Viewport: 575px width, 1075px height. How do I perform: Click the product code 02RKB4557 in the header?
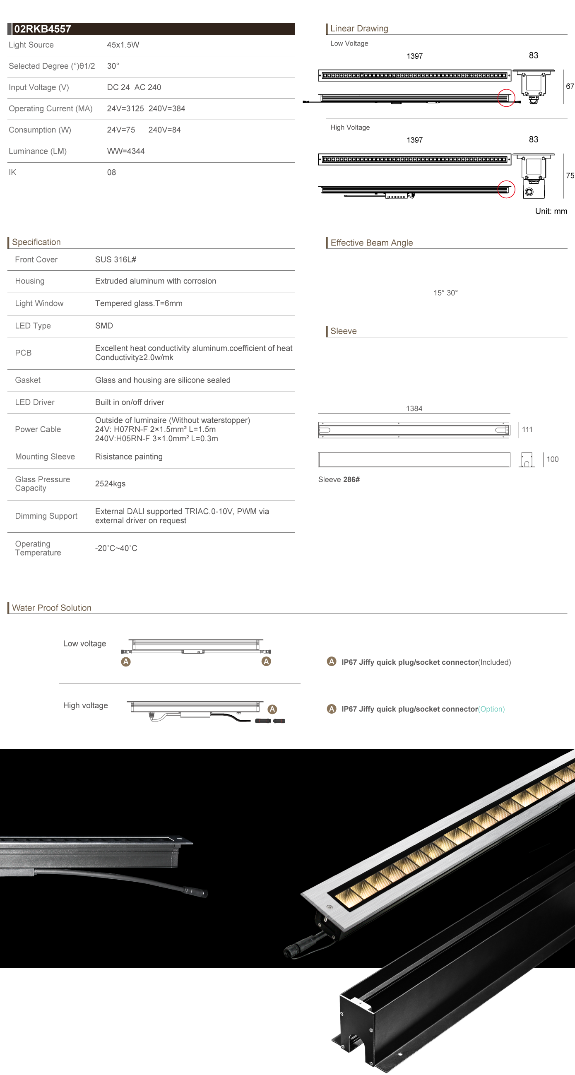coord(42,29)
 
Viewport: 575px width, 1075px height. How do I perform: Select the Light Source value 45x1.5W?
coord(123,45)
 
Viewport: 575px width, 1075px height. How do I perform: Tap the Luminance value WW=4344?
coord(125,151)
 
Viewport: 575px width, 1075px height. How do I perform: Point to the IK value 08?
coord(111,172)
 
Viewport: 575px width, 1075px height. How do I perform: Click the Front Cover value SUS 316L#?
coord(115,260)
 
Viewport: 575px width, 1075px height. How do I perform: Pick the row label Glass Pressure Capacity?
coord(42,483)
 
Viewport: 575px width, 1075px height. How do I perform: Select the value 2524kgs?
coord(110,483)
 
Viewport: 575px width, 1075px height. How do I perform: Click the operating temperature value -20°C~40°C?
coord(116,548)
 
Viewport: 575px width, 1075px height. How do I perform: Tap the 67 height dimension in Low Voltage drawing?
coord(570,87)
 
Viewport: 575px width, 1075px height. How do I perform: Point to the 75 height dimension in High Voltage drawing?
coord(570,176)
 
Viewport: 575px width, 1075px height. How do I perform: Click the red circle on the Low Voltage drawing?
coord(506,98)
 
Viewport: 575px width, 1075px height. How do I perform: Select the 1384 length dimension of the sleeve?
coord(414,409)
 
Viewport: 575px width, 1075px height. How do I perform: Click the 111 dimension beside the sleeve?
coord(527,429)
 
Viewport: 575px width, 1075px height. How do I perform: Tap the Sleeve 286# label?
coord(339,479)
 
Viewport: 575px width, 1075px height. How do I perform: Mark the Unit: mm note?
coord(551,211)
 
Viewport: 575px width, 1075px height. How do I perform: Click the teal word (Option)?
coord(491,709)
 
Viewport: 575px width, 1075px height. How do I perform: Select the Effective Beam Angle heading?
coord(371,243)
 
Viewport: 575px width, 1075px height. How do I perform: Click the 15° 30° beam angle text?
coord(445,293)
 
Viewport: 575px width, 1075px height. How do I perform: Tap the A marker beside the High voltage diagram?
coord(272,709)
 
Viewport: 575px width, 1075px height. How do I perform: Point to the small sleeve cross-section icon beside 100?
coord(527,460)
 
